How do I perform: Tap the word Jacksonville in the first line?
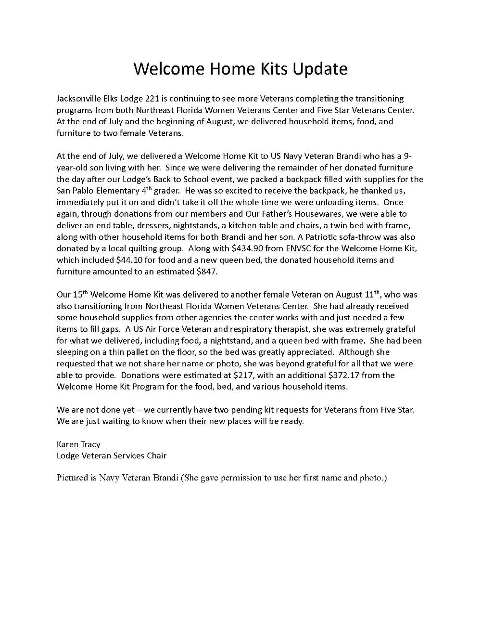click(79, 99)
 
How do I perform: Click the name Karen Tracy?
click(78, 444)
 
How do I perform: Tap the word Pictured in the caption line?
click(72, 478)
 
